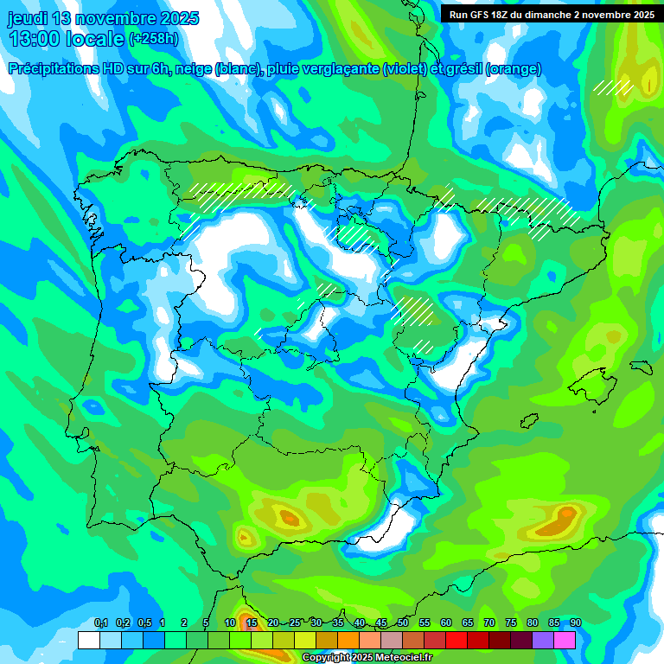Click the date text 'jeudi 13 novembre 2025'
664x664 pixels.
pos(103,18)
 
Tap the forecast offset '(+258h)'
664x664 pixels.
pos(153,39)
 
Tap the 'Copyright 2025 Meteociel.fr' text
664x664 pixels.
pos(367,658)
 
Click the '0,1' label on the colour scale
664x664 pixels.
pos(101,623)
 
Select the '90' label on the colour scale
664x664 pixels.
pos(575,623)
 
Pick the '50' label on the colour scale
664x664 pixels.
pos(403,623)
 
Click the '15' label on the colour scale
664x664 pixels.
pos(252,623)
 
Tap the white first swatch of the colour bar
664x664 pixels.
pos(88,640)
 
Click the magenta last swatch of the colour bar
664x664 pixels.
pos(565,640)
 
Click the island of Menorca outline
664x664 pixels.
pos(641,367)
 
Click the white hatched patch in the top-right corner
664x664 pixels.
pos(613,86)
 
